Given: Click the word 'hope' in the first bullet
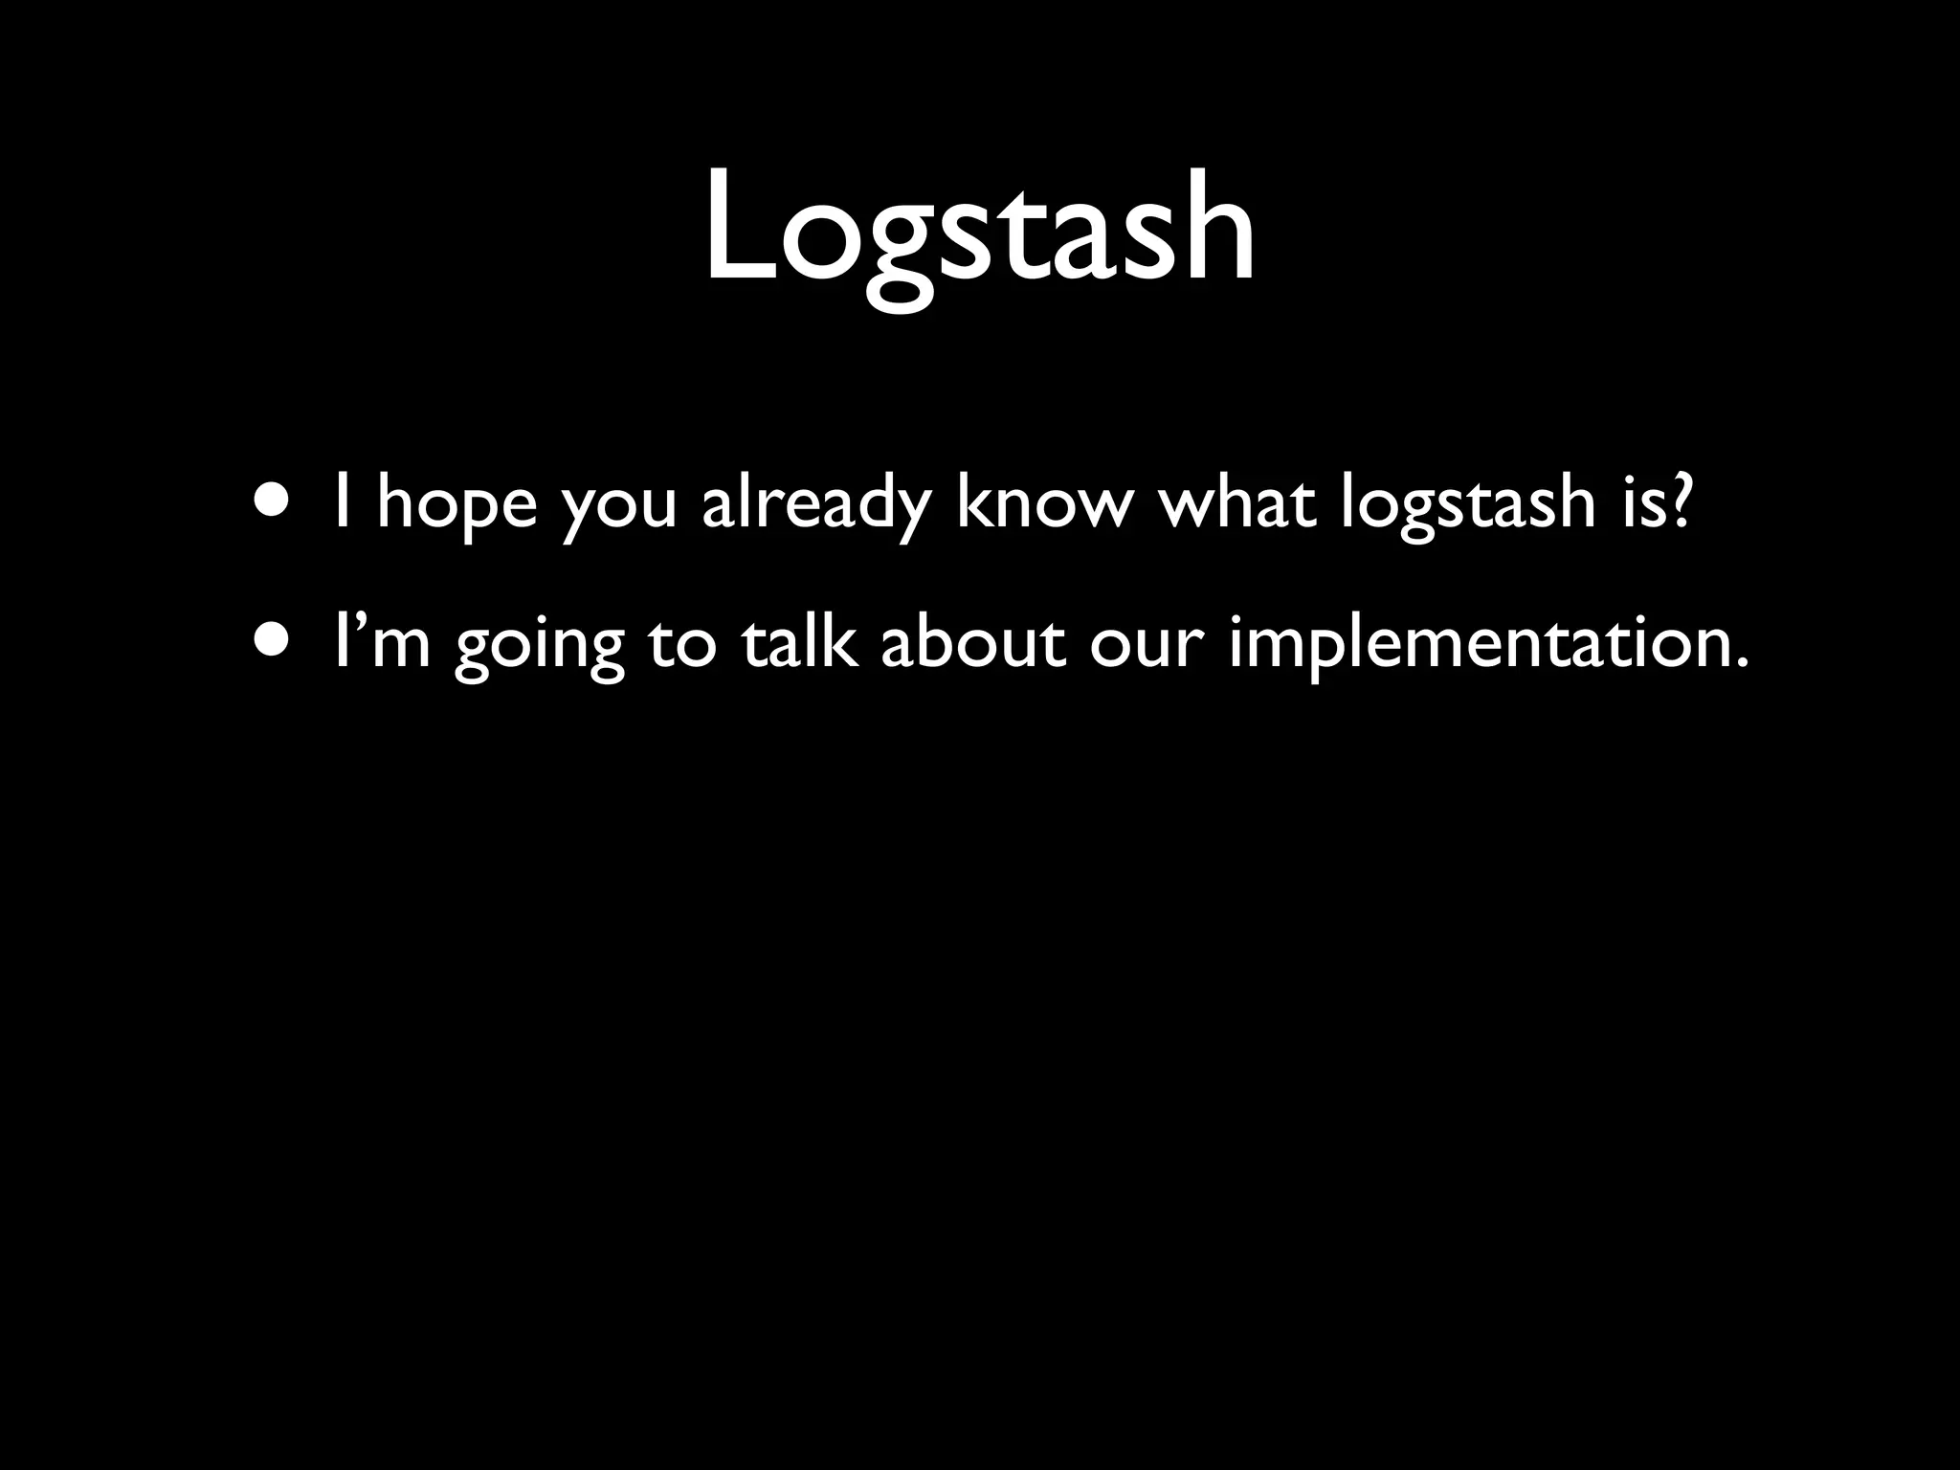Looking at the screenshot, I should pyautogui.click(x=457, y=505).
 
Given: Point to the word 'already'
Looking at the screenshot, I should pyautogui.click(x=815, y=505).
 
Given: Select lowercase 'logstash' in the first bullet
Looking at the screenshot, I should pyautogui.click(x=1466, y=505).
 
